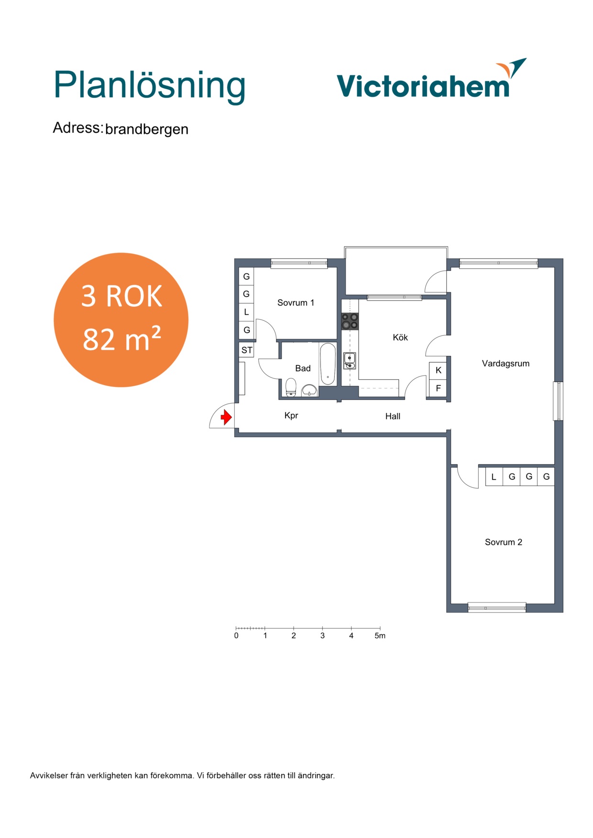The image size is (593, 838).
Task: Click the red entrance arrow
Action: pyautogui.click(x=226, y=418)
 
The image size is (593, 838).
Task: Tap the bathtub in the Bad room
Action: pyautogui.click(x=328, y=364)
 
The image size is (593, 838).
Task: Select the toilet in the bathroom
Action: pyautogui.click(x=291, y=387)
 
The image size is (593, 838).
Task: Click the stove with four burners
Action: pyautogui.click(x=350, y=321)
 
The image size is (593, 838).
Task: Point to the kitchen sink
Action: pyautogui.click(x=350, y=361)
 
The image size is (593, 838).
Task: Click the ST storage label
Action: pyautogui.click(x=247, y=350)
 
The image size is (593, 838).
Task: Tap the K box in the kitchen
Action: pyautogui.click(x=438, y=370)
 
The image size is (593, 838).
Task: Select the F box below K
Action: pyautogui.click(x=438, y=388)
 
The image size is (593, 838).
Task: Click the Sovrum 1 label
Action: pyautogui.click(x=296, y=302)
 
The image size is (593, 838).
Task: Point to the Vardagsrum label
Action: pyautogui.click(x=505, y=364)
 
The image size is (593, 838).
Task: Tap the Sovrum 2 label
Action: pyautogui.click(x=504, y=542)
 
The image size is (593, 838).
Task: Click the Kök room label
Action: pyautogui.click(x=400, y=337)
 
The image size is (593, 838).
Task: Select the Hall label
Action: pyautogui.click(x=393, y=417)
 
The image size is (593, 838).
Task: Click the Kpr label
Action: pyautogui.click(x=291, y=416)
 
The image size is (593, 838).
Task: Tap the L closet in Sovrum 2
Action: pyautogui.click(x=494, y=477)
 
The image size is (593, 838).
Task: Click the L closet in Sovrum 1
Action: pyautogui.click(x=246, y=312)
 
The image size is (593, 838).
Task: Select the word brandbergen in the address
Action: pyautogui.click(x=147, y=129)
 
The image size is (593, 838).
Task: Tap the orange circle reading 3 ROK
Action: pyautogui.click(x=121, y=320)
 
